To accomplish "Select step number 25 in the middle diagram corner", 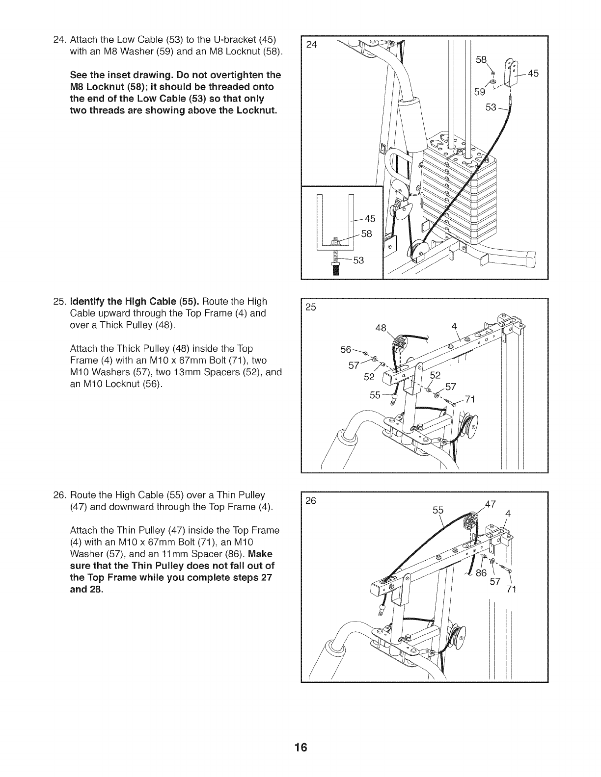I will tap(311, 307).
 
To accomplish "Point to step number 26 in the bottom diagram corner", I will tap(311, 501).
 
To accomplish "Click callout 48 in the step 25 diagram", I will tap(381, 328).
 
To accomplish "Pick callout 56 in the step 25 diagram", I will tap(346, 350).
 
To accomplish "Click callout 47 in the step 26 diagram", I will tap(491, 504).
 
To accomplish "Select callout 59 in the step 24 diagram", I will tap(479, 92).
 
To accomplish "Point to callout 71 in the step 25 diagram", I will tap(470, 399).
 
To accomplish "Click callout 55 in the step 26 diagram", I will tap(438, 510).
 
